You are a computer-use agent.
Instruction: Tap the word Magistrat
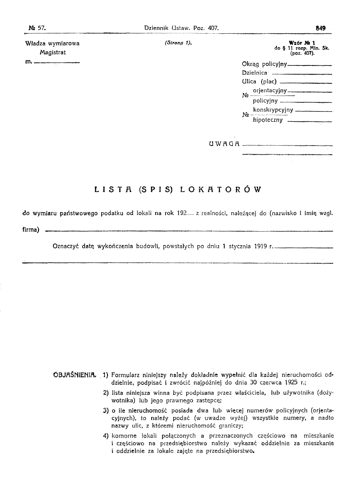coord(53,52)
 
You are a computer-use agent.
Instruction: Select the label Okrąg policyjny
coord(263,64)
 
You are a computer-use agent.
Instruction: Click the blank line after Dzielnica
coord(302,74)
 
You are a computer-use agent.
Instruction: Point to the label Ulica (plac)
coord(259,82)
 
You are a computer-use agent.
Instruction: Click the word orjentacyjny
coord(270,91)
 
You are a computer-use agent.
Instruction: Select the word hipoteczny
coord(268,120)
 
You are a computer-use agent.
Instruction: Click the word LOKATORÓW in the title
coord(221,190)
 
